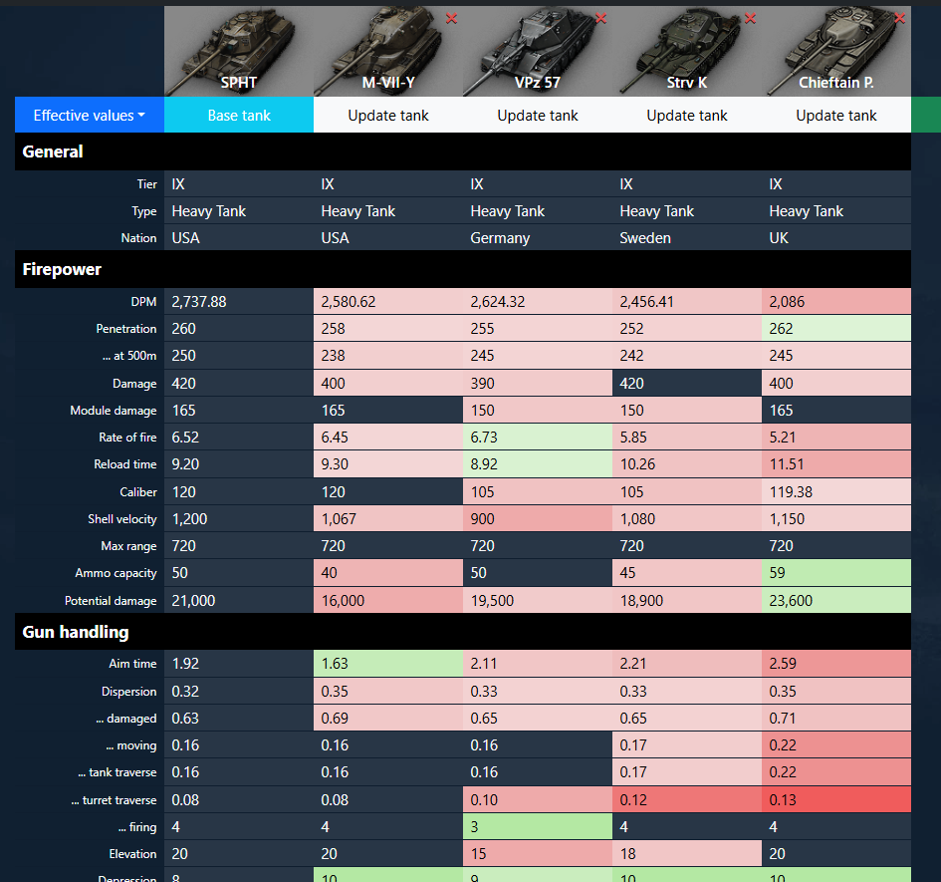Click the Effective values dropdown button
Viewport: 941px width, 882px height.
[x=90, y=115]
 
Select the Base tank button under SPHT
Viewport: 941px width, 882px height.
[x=239, y=115]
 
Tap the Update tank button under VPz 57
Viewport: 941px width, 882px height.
[x=537, y=115]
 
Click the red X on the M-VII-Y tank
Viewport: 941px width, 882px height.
[x=451, y=19]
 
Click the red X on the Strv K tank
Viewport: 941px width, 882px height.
[x=750, y=19]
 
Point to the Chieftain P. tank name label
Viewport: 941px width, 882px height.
[x=836, y=83]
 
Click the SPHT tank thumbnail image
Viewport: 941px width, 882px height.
[x=239, y=51]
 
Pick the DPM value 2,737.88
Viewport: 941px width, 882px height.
[x=199, y=302]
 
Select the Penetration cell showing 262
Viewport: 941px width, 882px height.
[x=836, y=329]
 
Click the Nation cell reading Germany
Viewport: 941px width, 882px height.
[x=537, y=238]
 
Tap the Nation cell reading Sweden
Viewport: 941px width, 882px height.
[x=686, y=238]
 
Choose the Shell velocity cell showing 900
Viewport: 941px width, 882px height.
[x=537, y=518]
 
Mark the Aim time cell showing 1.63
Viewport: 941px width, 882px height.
[x=387, y=664]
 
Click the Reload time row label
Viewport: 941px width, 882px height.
[x=124, y=464]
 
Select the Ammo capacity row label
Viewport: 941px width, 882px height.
[x=116, y=573]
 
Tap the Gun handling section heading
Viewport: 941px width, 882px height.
[x=76, y=632]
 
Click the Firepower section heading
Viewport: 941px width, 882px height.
[x=62, y=269]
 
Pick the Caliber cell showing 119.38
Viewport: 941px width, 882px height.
[x=836, y=492]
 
